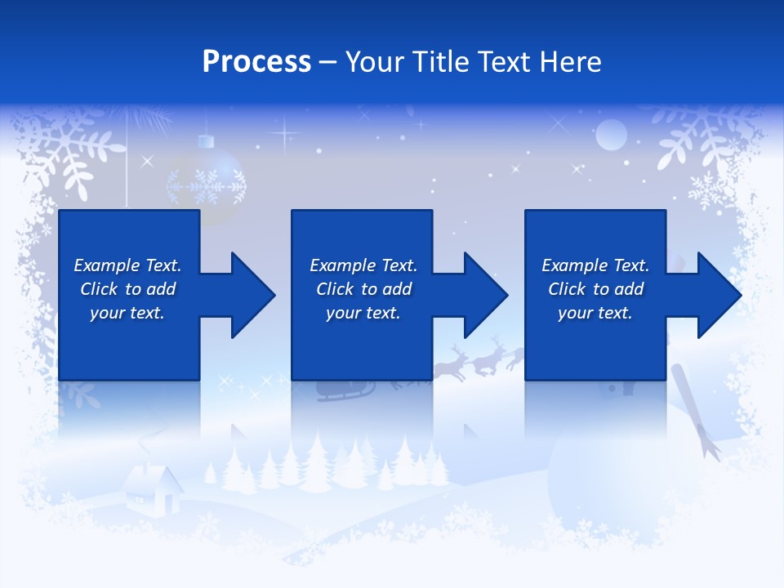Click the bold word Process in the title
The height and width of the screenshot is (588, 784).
[256, 61]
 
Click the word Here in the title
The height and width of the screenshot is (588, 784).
[570, 61]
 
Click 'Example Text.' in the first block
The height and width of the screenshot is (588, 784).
[127, 265]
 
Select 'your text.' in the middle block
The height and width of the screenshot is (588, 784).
[363, 313]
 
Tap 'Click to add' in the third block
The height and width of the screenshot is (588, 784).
[595, 289]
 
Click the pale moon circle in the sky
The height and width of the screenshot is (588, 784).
[610, 135]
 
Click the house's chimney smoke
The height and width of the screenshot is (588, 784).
[147, 445]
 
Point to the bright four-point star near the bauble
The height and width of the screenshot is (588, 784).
[286, 131]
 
